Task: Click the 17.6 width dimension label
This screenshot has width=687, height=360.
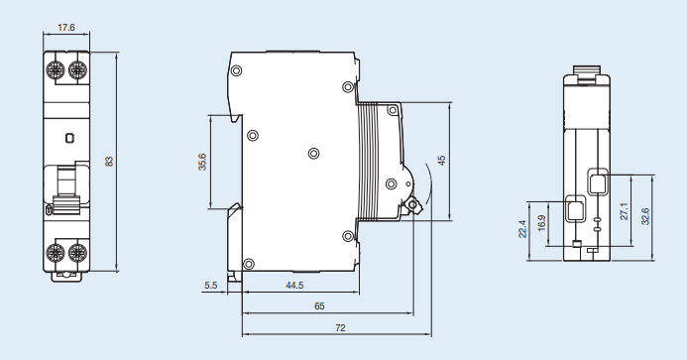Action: tap(66, 27)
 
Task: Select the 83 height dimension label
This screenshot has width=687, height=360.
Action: tap(109, 162)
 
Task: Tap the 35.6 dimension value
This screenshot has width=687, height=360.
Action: tap(202, 162)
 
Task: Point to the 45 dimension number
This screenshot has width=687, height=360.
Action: tap(442, 161)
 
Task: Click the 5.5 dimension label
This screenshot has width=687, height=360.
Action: tap(211, 286)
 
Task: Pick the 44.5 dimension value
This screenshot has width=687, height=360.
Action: tap(294, 286)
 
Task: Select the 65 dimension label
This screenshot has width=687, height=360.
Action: tap(319, 306)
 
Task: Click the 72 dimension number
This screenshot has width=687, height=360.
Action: tap(340, 327)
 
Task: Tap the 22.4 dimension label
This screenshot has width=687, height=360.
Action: tap(522, 229)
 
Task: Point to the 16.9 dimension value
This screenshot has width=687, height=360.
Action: tap(541, 223)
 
